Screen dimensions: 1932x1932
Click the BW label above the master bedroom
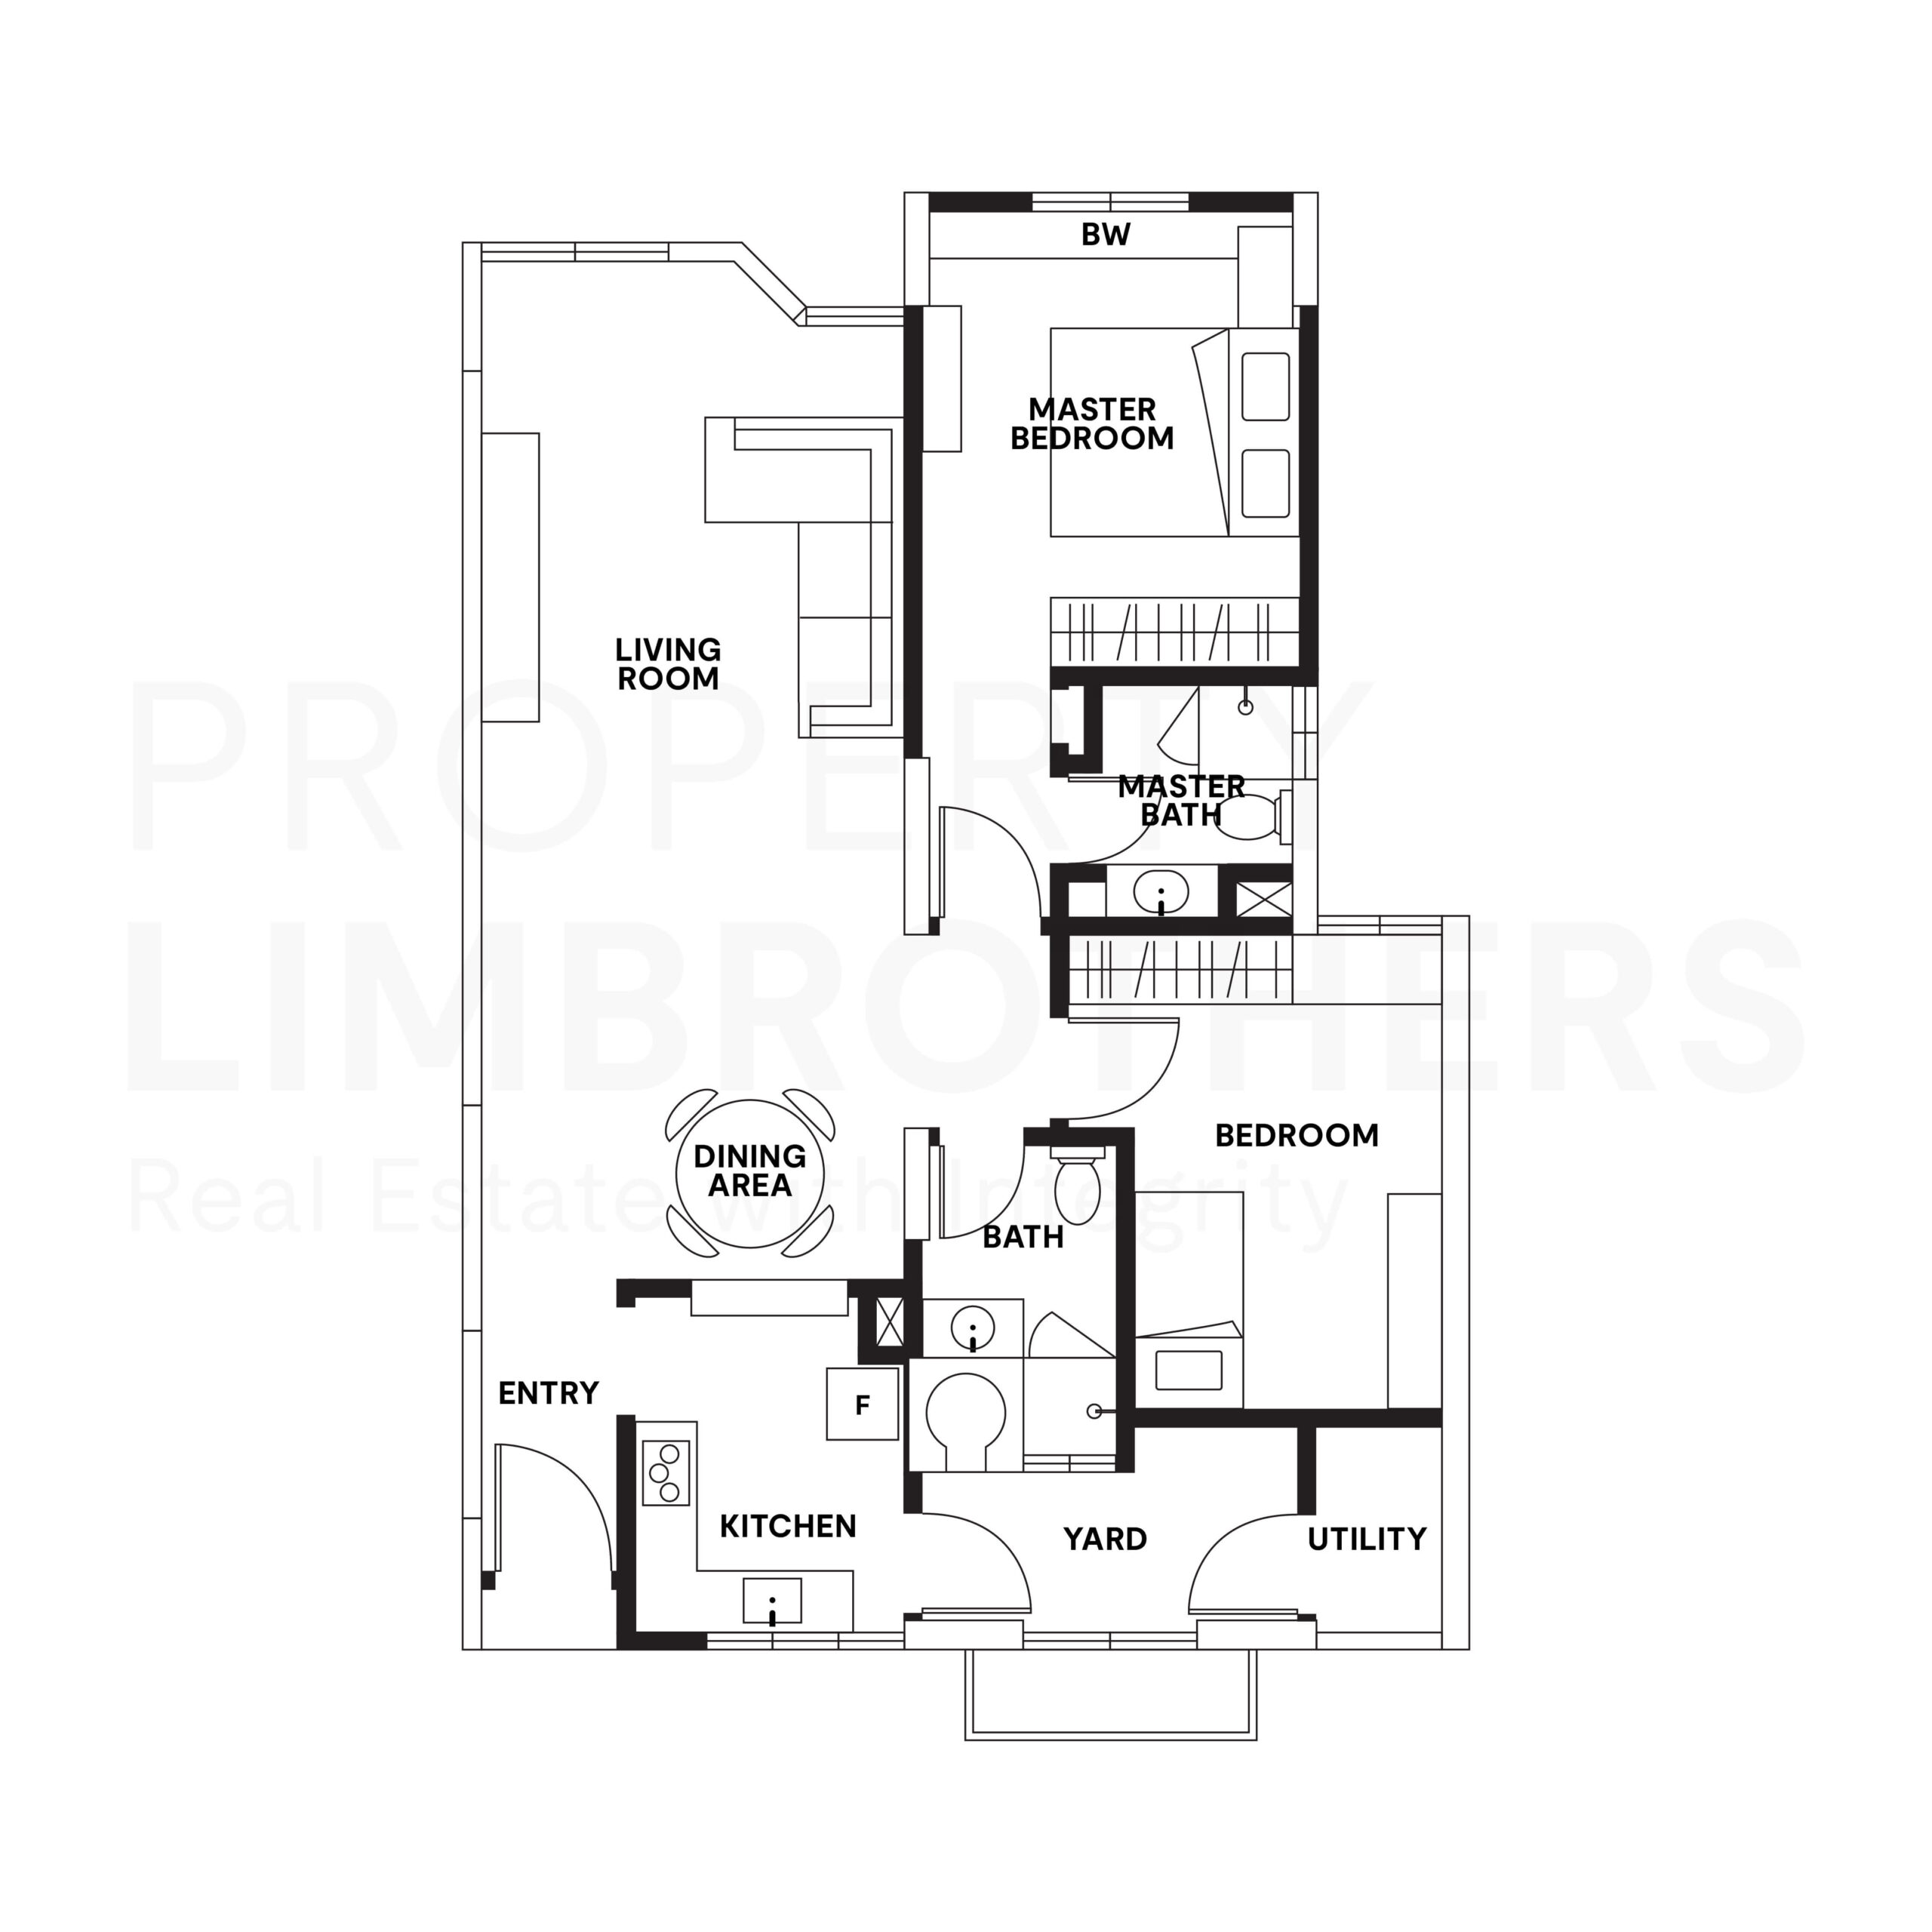[x=1105, y=234]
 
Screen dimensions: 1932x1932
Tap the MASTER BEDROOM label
[x=1091, y=424]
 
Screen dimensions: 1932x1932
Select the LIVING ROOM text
[x=668, y=664]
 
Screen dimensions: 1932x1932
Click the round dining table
[x=750, y=1172]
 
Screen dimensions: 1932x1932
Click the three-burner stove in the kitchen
[x=666, y=1473]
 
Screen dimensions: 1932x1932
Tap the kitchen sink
[x=772, y=1600]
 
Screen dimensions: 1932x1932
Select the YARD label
[x=1105, y=1539]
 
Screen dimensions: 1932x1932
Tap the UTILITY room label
[x=1366, y=1539]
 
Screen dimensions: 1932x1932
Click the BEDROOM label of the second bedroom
[x=1296, y=1135]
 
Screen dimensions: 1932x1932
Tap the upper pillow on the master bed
[x=1265, y=386]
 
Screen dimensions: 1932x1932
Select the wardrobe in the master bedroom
[x=1174, y=631]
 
